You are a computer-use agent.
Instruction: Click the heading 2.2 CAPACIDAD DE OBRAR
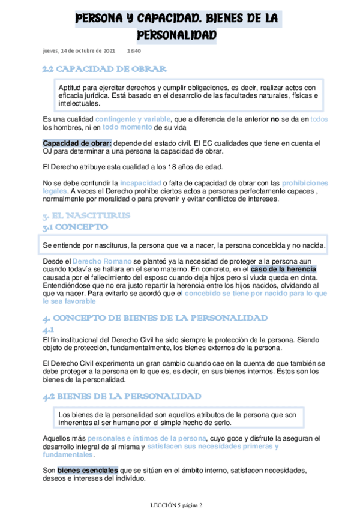[x=104, y=69]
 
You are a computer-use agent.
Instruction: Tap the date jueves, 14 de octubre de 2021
[x=79, y=51]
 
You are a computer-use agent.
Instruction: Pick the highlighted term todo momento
[x=127, y=127]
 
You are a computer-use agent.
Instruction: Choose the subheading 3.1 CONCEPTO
[x=75, y=227]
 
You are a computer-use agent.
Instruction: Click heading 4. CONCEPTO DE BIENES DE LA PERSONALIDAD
[x=155, y=318]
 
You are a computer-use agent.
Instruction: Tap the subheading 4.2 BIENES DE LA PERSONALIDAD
[x=122, y=397]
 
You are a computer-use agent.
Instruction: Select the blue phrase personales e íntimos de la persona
[x=147, y=439]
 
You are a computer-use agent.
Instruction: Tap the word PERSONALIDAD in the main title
[x=176, y=35]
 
